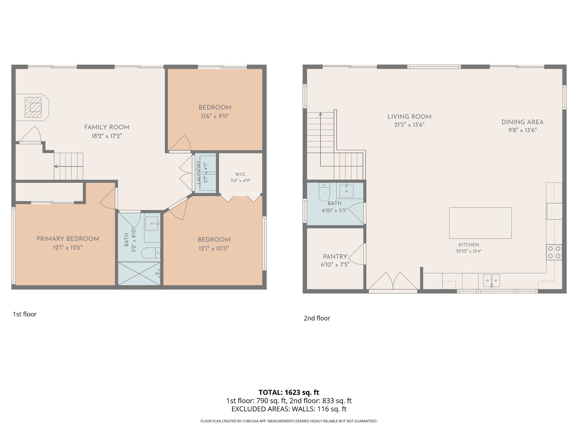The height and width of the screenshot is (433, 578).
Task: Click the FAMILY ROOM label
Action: (107, 127)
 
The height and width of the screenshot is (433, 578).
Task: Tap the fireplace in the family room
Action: (33, 107)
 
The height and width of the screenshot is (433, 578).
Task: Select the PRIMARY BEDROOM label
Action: (68, 239)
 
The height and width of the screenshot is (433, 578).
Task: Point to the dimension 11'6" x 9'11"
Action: (215, 116)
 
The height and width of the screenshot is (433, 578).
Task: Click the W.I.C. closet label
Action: (241, 174)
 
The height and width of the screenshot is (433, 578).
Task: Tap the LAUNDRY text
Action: (198, 172)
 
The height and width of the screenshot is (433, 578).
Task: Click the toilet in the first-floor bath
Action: (151, 253)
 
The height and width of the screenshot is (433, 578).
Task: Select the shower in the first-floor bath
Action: (139, 274)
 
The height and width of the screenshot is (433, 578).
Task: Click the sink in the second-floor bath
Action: (347, 191)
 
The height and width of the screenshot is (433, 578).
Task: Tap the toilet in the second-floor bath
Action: (324, 192)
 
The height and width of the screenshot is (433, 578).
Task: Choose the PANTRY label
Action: (335, 257)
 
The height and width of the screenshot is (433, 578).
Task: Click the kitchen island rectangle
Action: (480, 223)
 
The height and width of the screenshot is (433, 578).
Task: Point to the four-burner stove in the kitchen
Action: (554, 252)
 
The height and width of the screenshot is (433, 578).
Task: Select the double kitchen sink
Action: (492, 281)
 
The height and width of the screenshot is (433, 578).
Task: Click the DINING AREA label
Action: (523, 122)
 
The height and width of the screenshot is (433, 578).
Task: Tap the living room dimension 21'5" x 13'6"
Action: (409, 125)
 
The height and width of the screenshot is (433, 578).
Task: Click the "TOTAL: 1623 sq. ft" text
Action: (289, 392)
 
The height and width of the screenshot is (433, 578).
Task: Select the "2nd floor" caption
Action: (317, 318)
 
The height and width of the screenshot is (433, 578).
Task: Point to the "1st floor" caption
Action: (25, 314)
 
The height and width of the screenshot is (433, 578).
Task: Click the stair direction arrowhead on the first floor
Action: (56, 166)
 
